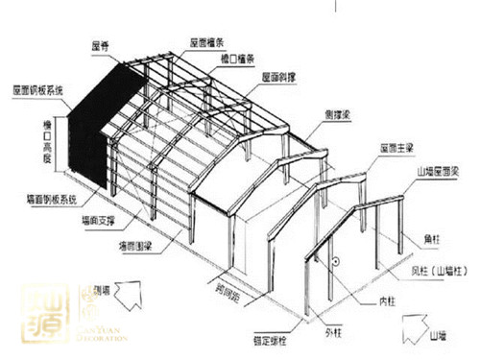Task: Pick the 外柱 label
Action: coord(333,334)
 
